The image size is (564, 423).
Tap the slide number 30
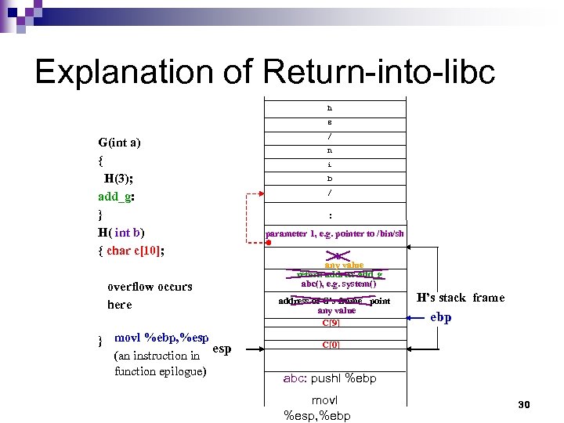click(x=524, y=404)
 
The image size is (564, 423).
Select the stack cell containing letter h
click(x=330, y=107)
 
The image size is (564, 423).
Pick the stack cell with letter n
click(x=330, y=150)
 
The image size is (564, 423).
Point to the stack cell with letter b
click(x=330, y=179)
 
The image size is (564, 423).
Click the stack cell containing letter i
click(x=330, y=164)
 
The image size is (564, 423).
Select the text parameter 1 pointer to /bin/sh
click(x=335, y=233)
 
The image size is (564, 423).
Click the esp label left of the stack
click(x=222, y=349)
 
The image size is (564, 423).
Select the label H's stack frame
click(x=461, y=298)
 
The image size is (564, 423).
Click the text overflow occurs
click(x=150, y=287)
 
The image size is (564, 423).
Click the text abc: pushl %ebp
click(x=330, y=378)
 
